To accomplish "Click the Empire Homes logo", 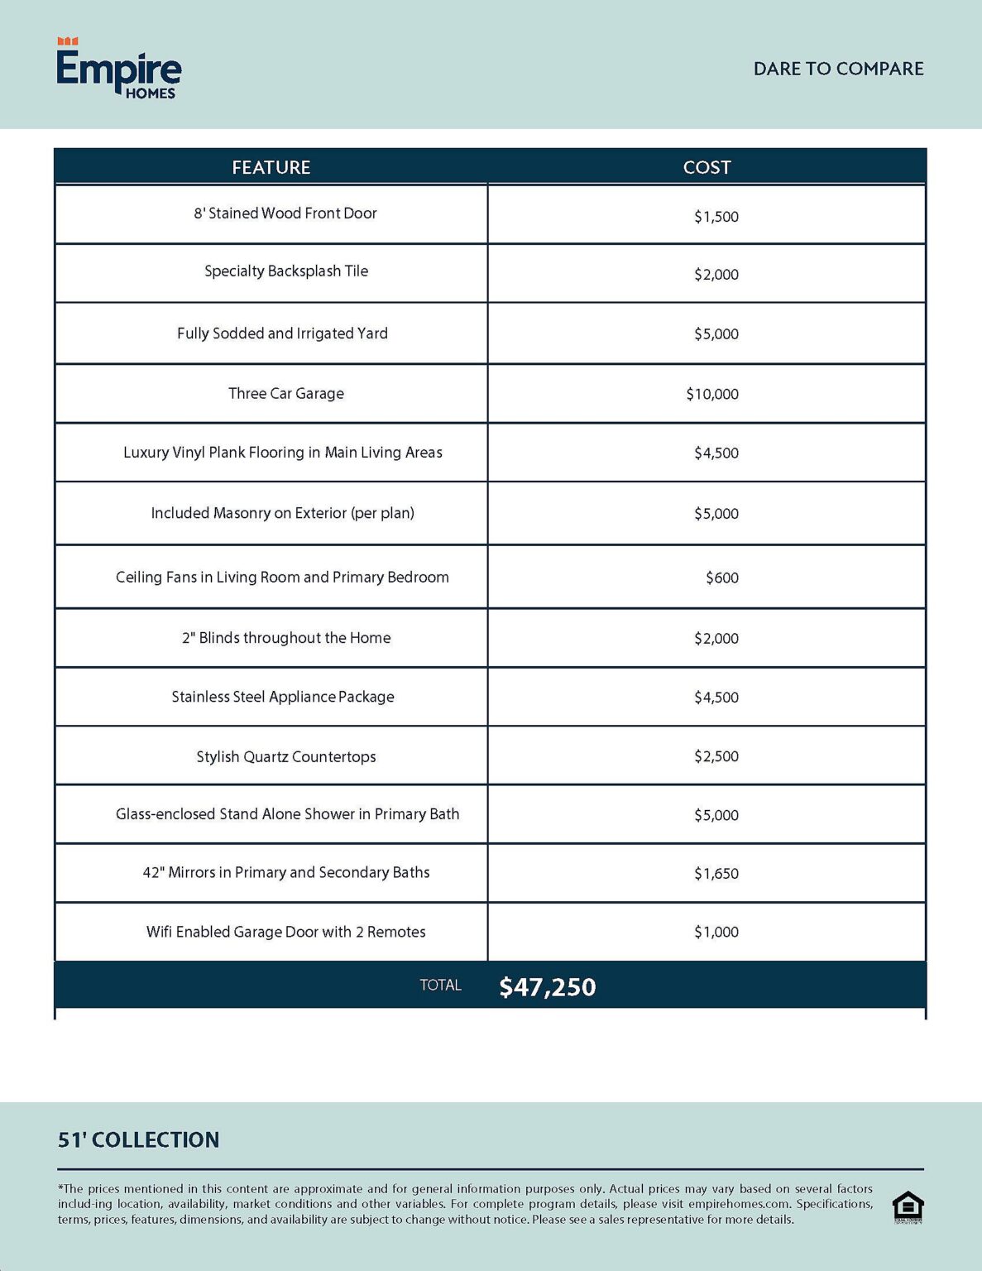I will point(118,69).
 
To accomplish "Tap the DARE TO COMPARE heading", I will point(838,69).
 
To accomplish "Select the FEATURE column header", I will point(271,167).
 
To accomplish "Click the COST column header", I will point(707,167).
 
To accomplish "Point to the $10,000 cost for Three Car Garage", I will point(712,394).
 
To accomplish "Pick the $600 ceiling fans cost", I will point(721,578).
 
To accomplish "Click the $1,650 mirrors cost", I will point(716,873).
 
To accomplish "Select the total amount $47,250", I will point(547,986).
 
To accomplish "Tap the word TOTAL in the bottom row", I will point(440,985).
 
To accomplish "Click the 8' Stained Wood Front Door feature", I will point(285,213).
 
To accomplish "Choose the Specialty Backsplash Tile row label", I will point(286,271).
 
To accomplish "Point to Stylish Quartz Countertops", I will point(286,756).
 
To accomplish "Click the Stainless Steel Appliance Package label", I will point(283,697).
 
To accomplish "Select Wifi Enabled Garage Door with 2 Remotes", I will point(286,932).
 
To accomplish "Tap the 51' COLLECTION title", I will point(138,1139).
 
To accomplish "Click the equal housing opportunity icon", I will point(908,1207).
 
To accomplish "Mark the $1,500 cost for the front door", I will point(716,217).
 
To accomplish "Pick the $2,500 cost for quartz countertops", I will point(716,756).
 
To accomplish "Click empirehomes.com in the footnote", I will point(739,1204).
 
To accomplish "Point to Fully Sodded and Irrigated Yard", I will point(282,333).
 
